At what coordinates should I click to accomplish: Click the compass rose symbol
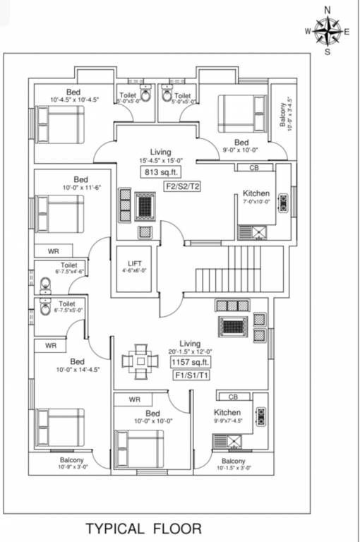click(x=327, y=31)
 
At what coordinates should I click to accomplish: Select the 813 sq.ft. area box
click(x=160, y=173)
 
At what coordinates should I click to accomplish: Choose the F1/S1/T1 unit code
click(x=191, y=376)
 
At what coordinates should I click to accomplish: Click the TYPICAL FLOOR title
click(x=143, y=528)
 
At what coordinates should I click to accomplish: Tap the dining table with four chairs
click(x=140, y=360)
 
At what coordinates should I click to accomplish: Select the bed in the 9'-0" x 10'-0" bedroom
click(x=241, y=114)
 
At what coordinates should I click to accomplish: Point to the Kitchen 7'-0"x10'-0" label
click(x=256, y=197)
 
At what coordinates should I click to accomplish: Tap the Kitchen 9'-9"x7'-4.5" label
click(x=228, y=416)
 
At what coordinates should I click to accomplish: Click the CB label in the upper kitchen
click(x=255, y=168)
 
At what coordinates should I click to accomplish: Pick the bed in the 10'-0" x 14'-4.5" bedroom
click(x=61, y=427)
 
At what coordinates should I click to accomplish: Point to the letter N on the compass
click(x=327, y=9)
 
